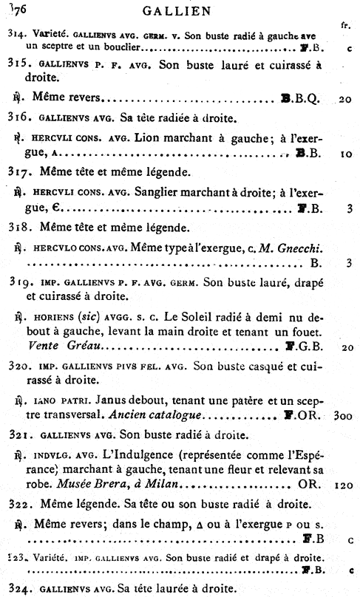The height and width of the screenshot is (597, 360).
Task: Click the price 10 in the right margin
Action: point(345,154)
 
